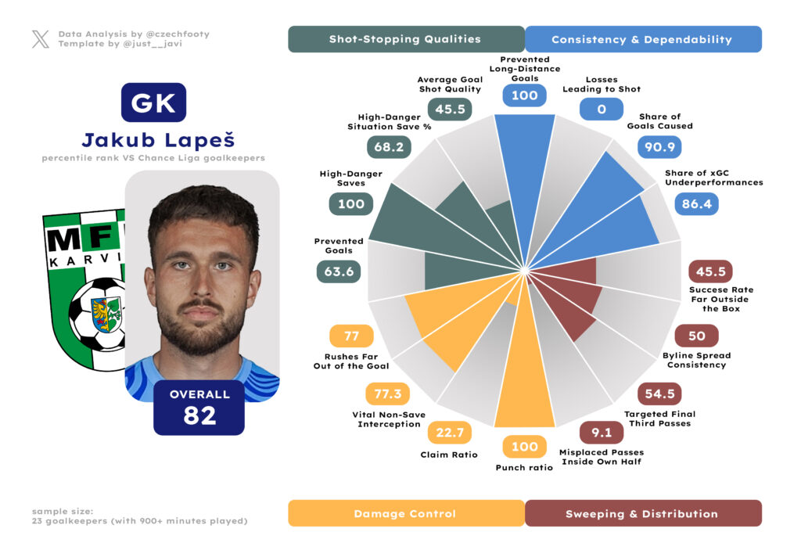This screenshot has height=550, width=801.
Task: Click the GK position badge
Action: pyautogui.click(x=153, y=102)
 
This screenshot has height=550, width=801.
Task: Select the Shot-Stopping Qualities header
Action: pyautogui.click(x=405, y=39)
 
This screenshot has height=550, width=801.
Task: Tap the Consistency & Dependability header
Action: pyautogui.click(x=641, y=39)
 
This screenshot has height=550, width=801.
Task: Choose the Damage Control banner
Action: pyautogui.click(x=405, y=513)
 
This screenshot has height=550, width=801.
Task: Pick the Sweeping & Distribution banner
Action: pyautogui.click(x=641, y=513)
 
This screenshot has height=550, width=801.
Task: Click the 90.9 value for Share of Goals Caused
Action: pyautogui.click(x=659, y=146)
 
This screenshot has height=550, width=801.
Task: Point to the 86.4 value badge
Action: pyautogui.click(x=698, y=203)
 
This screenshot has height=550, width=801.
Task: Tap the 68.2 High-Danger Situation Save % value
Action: pyautogui.click(x=388, y=147)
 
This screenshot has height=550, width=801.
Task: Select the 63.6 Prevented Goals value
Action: pyautogui.click(x=338, y=271)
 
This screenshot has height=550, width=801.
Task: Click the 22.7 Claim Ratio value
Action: pyautogui.click(x=449, y=432)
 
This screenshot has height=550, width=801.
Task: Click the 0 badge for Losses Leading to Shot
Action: pyautogui.click(x=602, y=109)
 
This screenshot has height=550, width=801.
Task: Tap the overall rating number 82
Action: pyautogui.click(x=199, y=416)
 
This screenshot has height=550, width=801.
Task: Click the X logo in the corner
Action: pyautogui.click(x=41, y=39)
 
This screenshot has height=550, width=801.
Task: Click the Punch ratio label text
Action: pyautogui.click(x=524, y=468)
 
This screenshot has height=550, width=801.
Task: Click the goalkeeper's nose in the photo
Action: pyautogui.click(x=201, y=286)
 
